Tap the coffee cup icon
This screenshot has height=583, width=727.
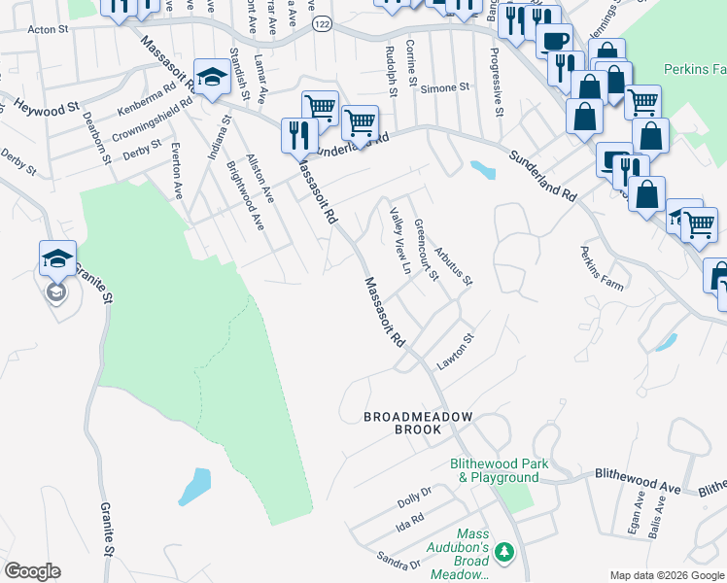pos(555,43)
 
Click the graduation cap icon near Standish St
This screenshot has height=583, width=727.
pos(211,77)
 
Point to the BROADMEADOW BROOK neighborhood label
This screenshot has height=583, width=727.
pos(417,425)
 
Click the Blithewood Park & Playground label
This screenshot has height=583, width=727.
pos(494,471)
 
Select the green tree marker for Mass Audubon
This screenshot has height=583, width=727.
pos(503,553)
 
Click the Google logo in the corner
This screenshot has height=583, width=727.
pos(32,571)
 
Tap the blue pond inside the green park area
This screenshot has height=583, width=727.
pos(194,486)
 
